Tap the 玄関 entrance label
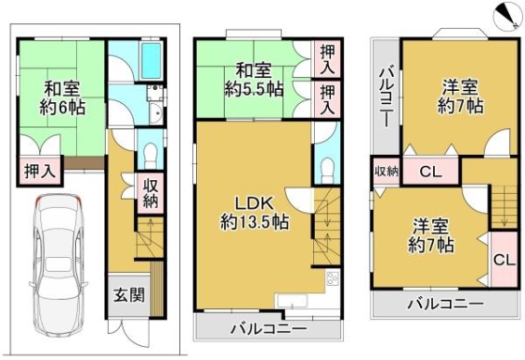[129, 295]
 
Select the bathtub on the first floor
[152, 60]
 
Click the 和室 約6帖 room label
[62, 98]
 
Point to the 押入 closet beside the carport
[39, 171]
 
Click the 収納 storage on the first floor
[150, 193]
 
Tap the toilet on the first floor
[150, 155]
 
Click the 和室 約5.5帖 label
[254, 81]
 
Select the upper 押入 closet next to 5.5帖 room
[326, 59]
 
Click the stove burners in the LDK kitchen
[333, 278]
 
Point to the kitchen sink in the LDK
[291, 301]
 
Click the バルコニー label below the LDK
[268, 328]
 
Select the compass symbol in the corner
[508, 17]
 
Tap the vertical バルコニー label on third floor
[386, 97]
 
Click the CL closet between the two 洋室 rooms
[430, 172]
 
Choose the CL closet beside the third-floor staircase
[504, 259]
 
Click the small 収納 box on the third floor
[386, 172]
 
